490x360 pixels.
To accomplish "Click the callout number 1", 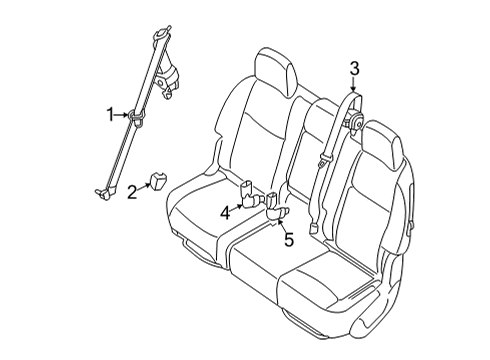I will [112, 116].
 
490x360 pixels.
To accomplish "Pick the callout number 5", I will [288, 240].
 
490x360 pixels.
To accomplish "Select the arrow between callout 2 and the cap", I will [145, 187].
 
